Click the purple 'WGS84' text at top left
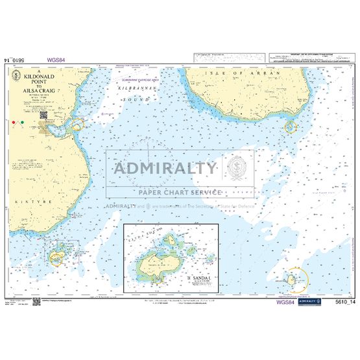click(x=57, y=60)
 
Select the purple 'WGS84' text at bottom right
click(x=287, y=302)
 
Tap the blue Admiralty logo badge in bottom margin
click(x=313, y=302)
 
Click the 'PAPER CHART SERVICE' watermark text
click(x=170, y=192)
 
